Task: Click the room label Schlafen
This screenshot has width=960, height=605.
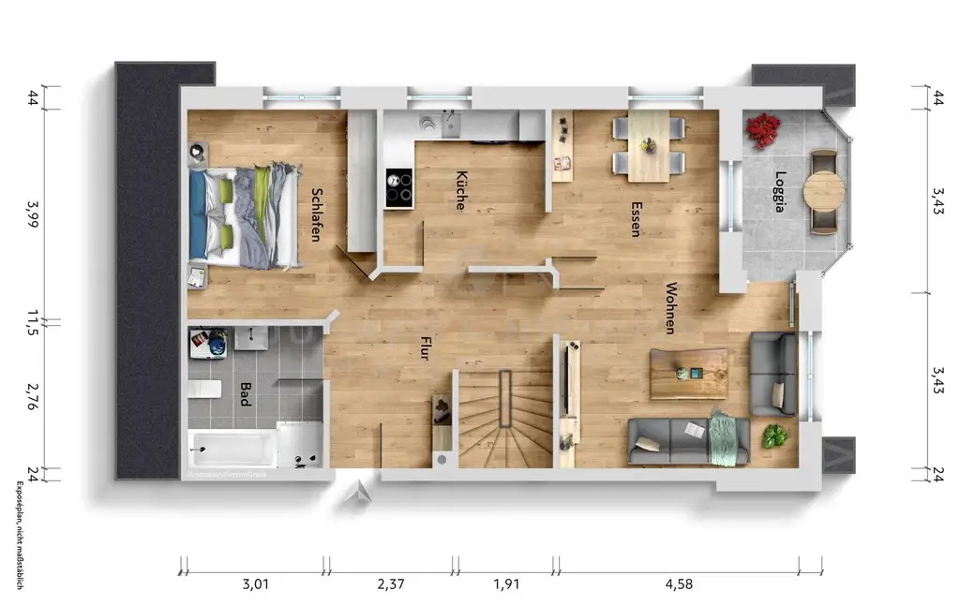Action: point(316,214)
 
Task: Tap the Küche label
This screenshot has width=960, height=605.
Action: point(461,190)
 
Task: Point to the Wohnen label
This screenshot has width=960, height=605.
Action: point(671,308)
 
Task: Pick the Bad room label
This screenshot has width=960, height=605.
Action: point(246,393)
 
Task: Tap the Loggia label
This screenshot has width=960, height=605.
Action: point(779,191)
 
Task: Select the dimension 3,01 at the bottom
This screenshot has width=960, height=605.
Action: point(256,585)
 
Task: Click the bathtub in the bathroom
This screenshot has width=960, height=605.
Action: point(232,449)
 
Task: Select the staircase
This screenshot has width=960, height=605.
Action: point(504,419)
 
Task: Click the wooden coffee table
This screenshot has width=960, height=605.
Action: point(689,374)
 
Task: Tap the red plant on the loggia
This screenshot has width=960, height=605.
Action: point(763,129)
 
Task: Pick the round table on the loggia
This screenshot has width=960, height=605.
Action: point(823,191)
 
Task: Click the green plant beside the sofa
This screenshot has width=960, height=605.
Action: point(774,436)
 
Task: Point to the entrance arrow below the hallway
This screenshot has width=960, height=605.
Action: point(357,494)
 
